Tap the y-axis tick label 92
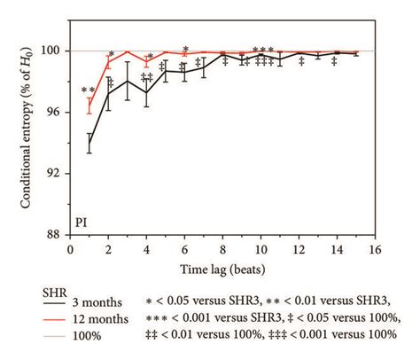point(56,174)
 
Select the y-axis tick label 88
point(56,235)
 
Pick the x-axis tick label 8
point(222,249)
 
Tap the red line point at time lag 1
point(89,106)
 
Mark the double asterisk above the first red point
point(88,90)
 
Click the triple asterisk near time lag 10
point(262,51)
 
